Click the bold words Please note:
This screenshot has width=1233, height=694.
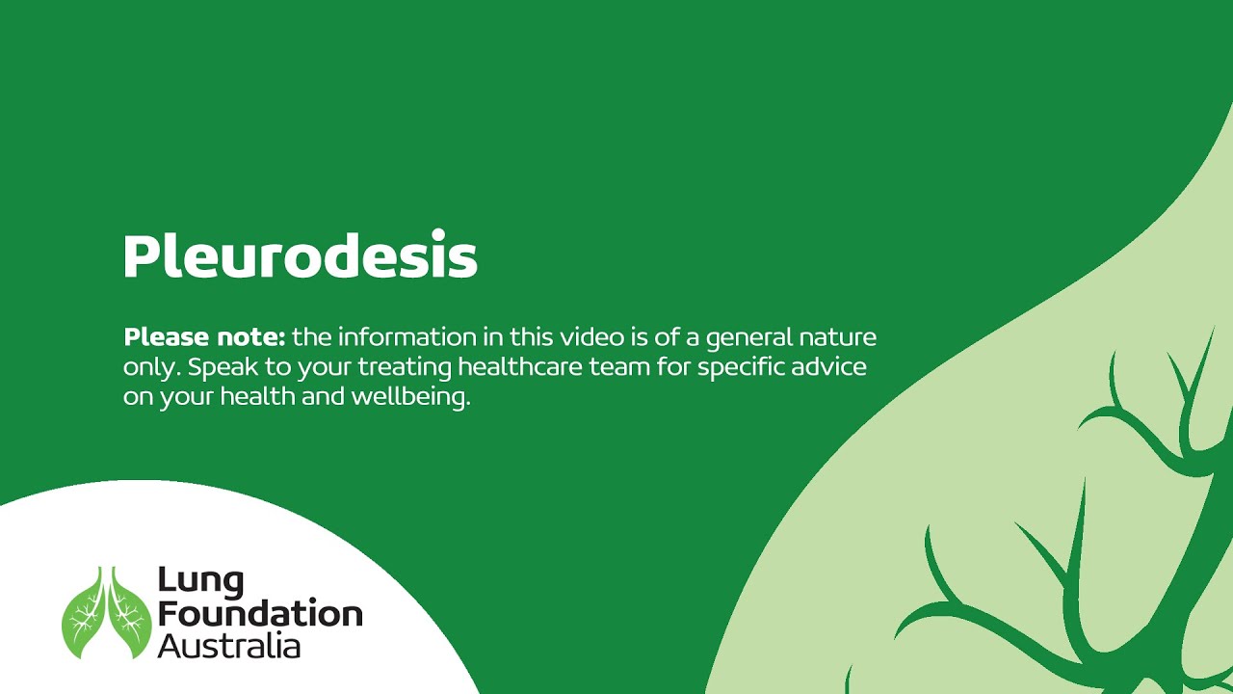click(204, 337)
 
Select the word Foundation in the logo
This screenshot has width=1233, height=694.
click(260, 614)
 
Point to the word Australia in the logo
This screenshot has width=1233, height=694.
click(228, 645)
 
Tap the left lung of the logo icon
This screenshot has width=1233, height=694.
click(84, 617)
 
